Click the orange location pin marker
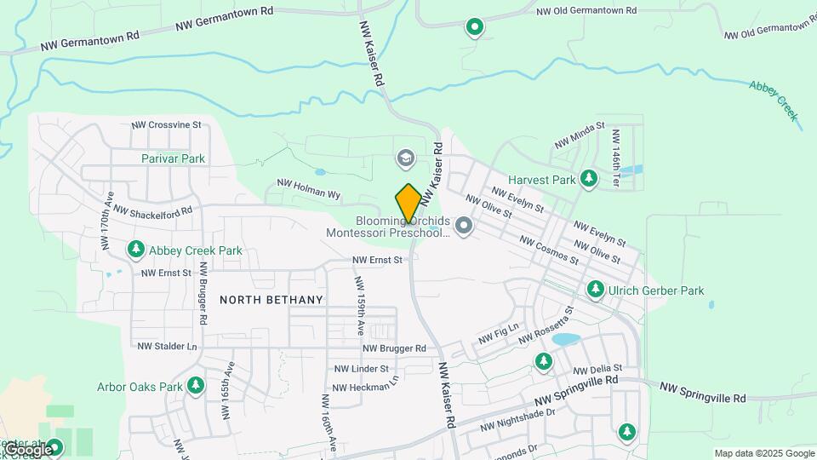408,204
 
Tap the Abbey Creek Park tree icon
135,250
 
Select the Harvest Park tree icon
588,179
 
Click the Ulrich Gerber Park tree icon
596,290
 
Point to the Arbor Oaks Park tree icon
196,386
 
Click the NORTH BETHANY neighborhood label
271,300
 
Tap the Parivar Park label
174,158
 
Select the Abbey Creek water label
774,100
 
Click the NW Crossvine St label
166,124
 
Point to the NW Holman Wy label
308,189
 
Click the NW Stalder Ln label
167,347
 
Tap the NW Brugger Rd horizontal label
394,348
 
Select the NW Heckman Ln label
365,386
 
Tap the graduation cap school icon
406,158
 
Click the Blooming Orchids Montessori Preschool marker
464,227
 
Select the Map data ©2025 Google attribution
764,453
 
